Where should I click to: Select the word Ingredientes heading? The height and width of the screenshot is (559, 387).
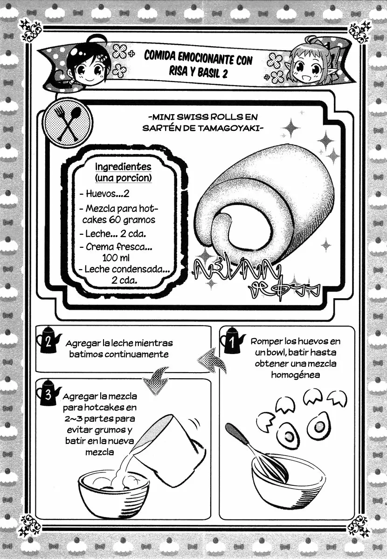123,167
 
